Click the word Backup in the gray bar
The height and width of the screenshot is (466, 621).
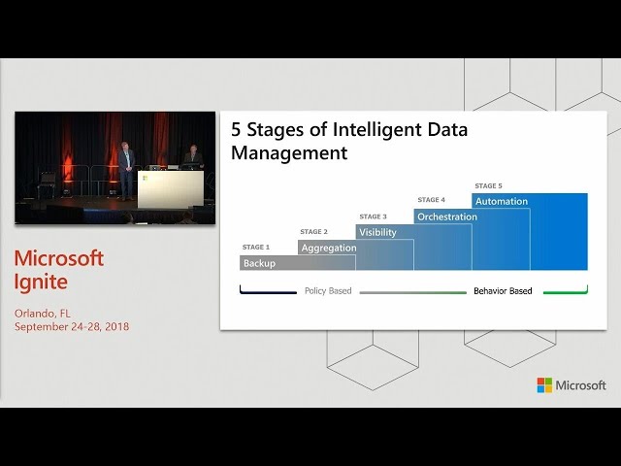point(259,263)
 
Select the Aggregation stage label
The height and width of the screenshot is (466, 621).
point(329,249)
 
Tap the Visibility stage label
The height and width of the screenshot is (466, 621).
point(377,232)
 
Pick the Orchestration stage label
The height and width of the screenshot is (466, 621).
point(447,216)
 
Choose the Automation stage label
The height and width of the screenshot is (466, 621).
point(502,201)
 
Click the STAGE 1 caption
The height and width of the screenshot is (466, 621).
point(256,248)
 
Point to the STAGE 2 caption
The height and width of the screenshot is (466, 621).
point(313,232)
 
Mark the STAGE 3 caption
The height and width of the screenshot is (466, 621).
point(373,216)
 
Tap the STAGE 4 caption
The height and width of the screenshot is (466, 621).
point(431,200)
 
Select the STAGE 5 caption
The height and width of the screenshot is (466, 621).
point(488,185)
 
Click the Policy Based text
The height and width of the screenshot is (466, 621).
point(328,291)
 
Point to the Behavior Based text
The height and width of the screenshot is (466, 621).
point(503,291)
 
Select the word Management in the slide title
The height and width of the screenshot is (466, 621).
point(289,153)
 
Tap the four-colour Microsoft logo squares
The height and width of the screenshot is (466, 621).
point(544,385)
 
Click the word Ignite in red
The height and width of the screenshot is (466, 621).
point(41,283)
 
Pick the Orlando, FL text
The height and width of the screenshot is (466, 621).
point(43,314)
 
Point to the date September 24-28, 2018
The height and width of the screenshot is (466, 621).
point(72,326)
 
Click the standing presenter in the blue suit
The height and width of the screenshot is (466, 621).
point(126,171)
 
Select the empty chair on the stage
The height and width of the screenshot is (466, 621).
point(47,184)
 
